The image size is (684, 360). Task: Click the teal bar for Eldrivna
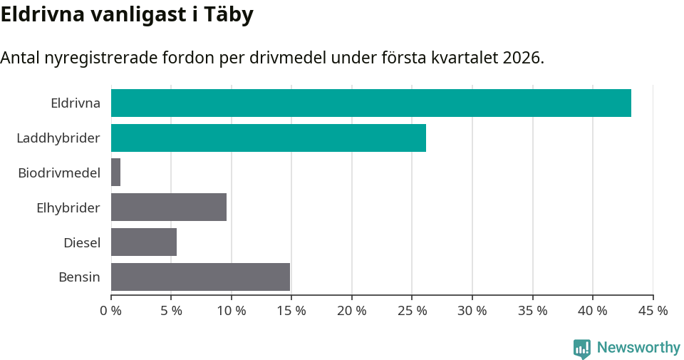370,103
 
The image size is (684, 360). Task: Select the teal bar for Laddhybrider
268,138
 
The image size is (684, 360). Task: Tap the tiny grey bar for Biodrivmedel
115,173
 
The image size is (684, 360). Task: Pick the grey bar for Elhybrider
169,207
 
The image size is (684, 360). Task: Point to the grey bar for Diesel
144,242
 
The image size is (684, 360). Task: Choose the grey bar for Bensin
200,277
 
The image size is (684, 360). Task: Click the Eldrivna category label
75,103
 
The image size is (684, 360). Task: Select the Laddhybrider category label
58,138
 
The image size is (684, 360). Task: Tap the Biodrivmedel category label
58,173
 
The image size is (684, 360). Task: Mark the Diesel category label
81,242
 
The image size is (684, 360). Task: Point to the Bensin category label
79,277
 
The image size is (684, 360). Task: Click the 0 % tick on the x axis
111,312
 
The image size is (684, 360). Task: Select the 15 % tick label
291,312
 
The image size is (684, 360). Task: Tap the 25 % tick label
412,312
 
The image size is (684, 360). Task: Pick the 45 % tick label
653,312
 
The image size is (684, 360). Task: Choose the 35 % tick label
532,312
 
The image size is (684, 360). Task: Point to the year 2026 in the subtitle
522,58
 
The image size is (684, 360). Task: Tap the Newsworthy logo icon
582,348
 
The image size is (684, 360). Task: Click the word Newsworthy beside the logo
638,348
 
